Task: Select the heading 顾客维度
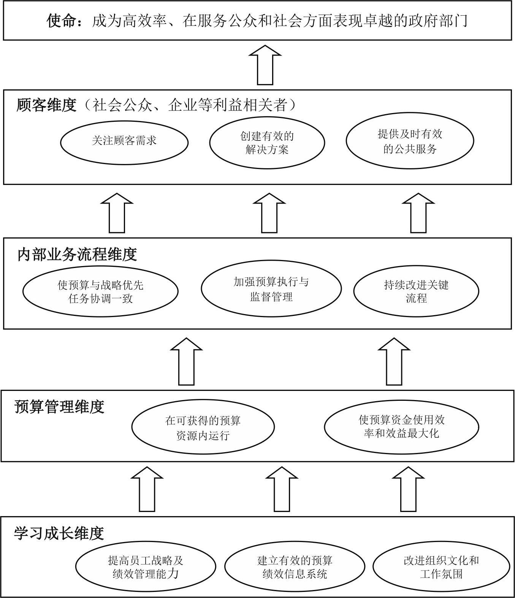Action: pyautogui.click(x=46, y=105)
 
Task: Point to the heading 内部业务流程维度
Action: pyautogui.click(x=77, y=255)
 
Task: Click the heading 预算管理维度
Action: pyautogui.click(x=59, y=407)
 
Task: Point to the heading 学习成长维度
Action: pyautogui.click(x=59, y=534)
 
